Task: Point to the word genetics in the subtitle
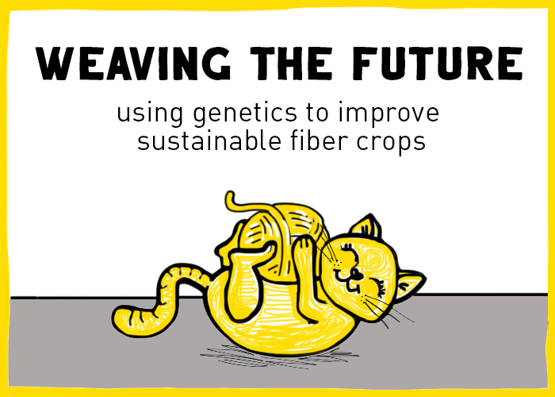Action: (x=241, y=114)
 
